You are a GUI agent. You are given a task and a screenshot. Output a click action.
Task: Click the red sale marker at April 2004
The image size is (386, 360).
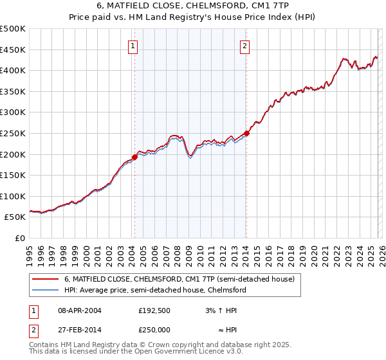pos(134,157)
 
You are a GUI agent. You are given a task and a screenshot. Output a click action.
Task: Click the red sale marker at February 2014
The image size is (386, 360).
pos(246,133)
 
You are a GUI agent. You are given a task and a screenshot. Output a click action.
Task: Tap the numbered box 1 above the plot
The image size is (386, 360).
pos(133,46)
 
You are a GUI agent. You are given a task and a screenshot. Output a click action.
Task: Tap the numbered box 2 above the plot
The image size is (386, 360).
pos(245,46)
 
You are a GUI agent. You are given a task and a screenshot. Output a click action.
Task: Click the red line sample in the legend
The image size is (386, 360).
pos(46,280)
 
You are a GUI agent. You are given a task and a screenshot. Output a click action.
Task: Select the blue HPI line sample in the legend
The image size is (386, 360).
pos(46,291)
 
